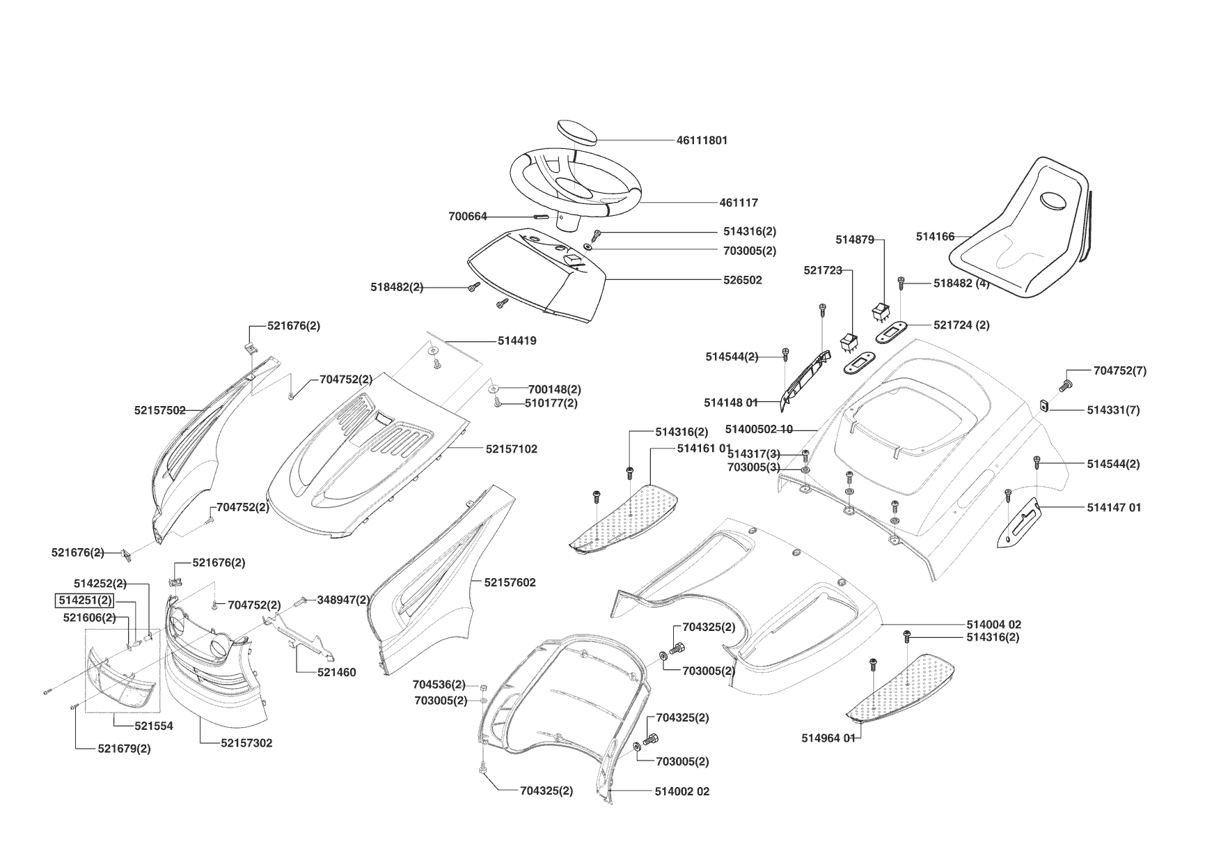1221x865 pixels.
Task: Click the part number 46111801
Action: tap(702, 140)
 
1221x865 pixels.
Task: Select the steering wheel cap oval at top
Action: tap(577, 132)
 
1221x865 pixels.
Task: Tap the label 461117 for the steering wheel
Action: tap(739, 203)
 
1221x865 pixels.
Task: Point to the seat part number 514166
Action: tap(935, 237)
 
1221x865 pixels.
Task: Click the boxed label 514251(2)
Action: tap(85, 600)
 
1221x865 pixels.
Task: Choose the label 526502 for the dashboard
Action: tap(742, 280)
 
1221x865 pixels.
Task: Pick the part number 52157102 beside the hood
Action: tap(512, 449)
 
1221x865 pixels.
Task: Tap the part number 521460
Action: tap(336, 672)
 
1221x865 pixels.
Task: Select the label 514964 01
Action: tap(828, 738)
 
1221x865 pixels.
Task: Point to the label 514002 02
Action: tap(682, 791)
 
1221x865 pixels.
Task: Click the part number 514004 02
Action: tap(993, 625)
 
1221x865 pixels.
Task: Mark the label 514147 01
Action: tap(1114, 508)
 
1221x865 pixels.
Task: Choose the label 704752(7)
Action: tap(1119, 371)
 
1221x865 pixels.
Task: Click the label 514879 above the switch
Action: tap(854, 240)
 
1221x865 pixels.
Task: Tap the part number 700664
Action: tap(468, 217)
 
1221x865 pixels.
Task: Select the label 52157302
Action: tap(246, 743)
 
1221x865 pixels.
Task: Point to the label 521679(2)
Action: tap(124, 749)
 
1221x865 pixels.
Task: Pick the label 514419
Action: tap(517, 341)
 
